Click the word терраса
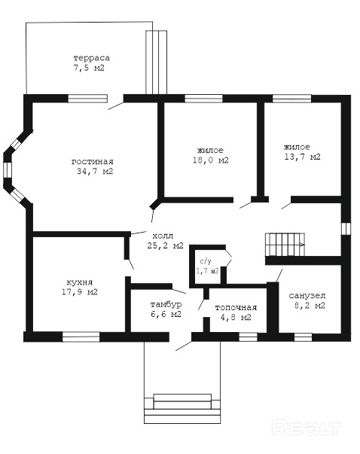(x=92, y=58)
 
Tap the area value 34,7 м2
(x=95, y=172)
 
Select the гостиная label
(x=93, y=162)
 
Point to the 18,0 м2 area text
(x=211, y=160)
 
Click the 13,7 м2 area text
(x=303, y=157)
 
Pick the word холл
(x=163, y=235)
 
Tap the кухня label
(x=80, y=282)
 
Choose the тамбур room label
(x=166, y=305)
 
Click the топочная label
(x=236, y=308)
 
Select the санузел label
(x=307, y=296)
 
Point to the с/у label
(x=206, y=261)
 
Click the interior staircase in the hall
(x=285, y=245)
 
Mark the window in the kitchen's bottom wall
(x=81, y=337)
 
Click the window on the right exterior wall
(x=346, y=228)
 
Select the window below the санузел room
(x=304, y=337)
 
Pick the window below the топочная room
(x=248, y=337)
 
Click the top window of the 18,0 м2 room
(x=204, y=99)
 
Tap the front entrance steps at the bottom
(x=182, y=409)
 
